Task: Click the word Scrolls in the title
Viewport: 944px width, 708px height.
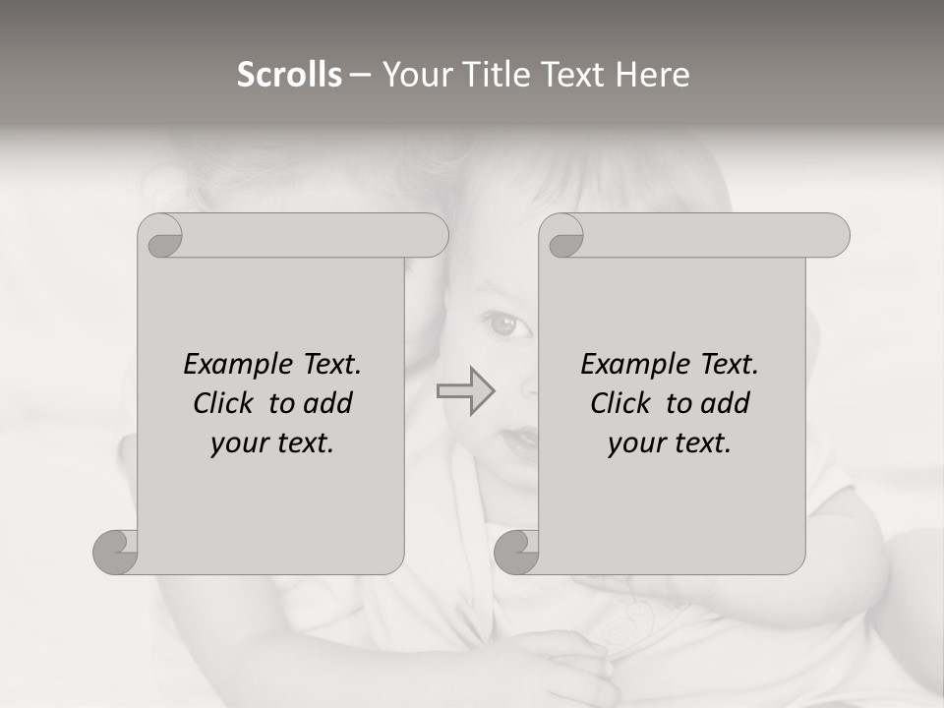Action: click(x=289, y=75)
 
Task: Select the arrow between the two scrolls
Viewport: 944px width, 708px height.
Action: click(x=465, y=391)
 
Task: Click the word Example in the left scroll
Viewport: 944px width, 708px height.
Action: click(x=236, y=365)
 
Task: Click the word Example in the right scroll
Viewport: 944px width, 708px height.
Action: click(x=633, y=365)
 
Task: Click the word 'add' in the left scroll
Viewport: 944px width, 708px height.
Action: click(x=328, y=404)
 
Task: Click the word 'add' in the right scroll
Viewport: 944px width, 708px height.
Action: click(x=726, y=404)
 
